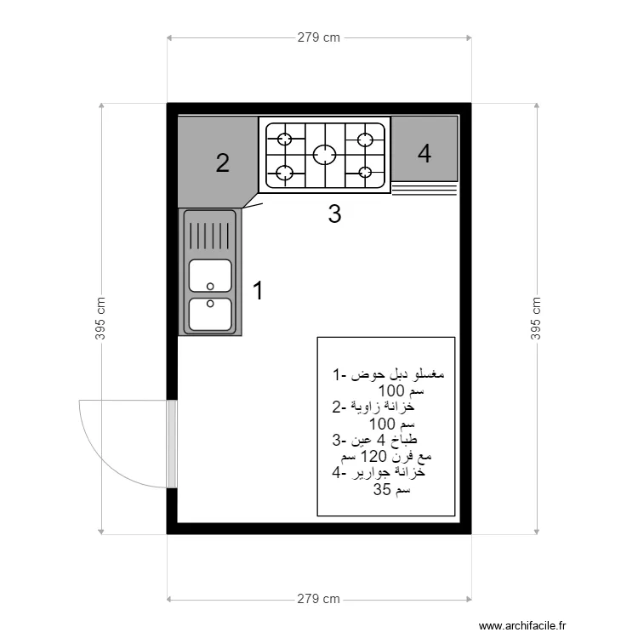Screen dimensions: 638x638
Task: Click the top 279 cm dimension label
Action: [x=319, y=37]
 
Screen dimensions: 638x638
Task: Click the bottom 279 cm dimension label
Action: [x=319, y=599]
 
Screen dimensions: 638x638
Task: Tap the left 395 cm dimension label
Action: [x=100, y=319]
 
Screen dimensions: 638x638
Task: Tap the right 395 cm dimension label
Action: [x=536, y=319]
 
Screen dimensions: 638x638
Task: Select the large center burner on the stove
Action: [x=325, y=155]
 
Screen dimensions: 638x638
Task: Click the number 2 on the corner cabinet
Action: [x=223, y=163]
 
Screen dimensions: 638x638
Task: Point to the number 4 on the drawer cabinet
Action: [x=424, y=154]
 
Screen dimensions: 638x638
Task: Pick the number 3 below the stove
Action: [x=334, y=214]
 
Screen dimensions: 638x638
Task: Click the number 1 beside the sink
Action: [x=258, y=290]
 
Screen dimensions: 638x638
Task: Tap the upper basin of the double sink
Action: [x=210, y=276]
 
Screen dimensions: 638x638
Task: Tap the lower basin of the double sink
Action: [x=210, y=315]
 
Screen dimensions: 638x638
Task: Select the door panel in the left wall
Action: [x=172, y=443]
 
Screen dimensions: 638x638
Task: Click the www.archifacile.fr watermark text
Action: [x=522, y=625]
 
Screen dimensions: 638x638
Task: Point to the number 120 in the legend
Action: [x=374, y=456]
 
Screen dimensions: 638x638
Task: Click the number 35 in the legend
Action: [x=382, y=489]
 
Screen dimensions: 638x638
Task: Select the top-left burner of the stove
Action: [x=285, y=140]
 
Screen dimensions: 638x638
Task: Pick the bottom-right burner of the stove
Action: [x=365, y=173]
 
